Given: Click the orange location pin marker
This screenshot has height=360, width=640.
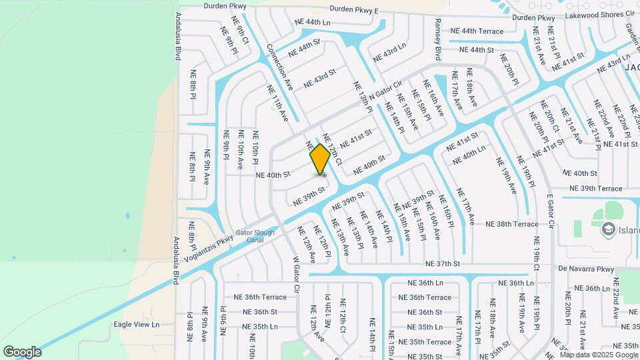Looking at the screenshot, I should pyautogui.click(x=320, y=159).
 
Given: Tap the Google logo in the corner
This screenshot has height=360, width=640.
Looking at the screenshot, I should pyautogui.click(x=21, y=351).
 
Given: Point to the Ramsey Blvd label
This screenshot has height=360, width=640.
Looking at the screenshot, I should pyautogui.click(x=438, y=39).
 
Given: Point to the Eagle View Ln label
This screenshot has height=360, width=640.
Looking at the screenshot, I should pyautogui.click(x=136, y=325).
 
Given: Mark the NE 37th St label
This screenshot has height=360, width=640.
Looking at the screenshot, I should pyautogui.click(x=443, y=263).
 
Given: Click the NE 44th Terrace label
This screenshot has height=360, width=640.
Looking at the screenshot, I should pyautogui.click(x=477, y=31).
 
